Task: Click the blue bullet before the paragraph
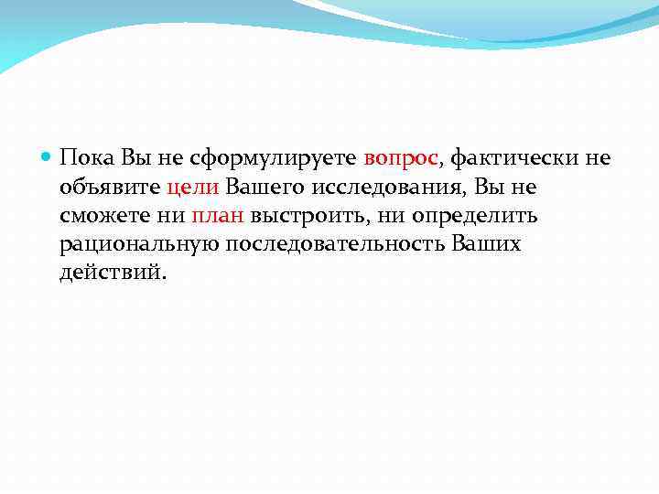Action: pos(48,158)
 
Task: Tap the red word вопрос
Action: pos(402,159)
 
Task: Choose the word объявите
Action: pos(109,188)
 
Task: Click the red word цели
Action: pos(191,188)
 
